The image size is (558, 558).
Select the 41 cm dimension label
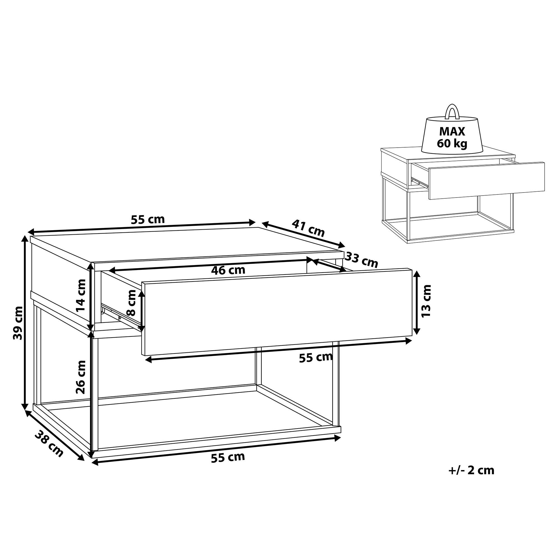[308, 228]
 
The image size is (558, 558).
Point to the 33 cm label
[362, 259]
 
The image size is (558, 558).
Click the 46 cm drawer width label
[228, 270]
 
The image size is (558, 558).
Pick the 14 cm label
[81, 295]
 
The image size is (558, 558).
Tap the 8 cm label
[131, 303]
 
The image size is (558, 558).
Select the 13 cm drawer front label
[426, 301]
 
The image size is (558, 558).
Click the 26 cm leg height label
[81, 377]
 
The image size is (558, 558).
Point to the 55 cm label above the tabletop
[148, 220]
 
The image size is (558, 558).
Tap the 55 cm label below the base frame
[228, 457]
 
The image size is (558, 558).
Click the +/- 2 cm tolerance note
[471, 478]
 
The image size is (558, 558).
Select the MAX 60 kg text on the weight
[452, 137]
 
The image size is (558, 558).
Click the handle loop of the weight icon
[452, 112]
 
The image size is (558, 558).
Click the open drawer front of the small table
[486, 181]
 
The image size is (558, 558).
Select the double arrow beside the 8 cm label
[141, 311]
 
